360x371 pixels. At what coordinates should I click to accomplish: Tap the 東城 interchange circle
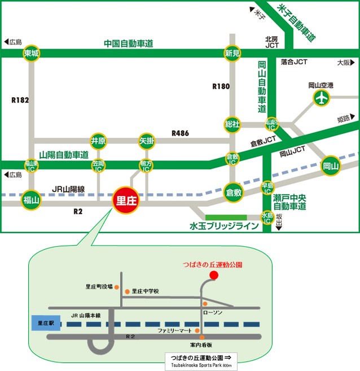pyautogui.click(x=32, y=54)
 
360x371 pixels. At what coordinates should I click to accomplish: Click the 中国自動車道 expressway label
pyautogui.click(x=129, y=43)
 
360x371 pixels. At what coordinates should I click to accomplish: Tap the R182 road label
pyautogui.click(x=19, y=100)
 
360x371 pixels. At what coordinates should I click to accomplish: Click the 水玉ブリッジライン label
pyautogui.click(x=223, y=226)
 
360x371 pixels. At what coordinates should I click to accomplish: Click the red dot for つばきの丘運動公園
pyautogui.click(x=213, y=275)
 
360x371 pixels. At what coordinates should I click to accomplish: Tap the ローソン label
pyautogui.click(x=212, y=313)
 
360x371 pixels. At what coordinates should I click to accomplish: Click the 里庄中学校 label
pyautogui.click(x=146, y=291)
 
